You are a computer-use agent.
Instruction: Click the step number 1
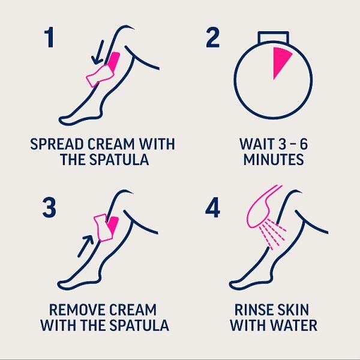pos(49,37)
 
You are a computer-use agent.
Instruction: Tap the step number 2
pos(212,37)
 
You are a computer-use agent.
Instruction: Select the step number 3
pos(49,208)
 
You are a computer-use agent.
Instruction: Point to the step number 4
pos(212,208)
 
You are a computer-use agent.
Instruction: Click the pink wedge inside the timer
pos(280,60)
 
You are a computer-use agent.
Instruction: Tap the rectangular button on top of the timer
pos(273,37)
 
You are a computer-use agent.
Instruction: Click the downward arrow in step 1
pos(98,52)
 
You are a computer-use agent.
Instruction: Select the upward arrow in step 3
pos(85,246)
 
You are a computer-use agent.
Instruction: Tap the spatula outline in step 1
pos(100,76)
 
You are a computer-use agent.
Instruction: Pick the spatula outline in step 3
pos(103,227)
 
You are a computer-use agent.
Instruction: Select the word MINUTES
pos(274,160)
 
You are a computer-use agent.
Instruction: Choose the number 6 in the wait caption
pos(304,144)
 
